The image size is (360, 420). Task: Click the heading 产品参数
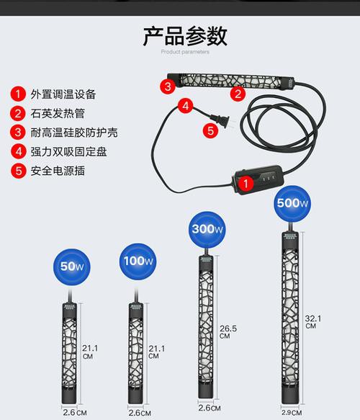pyautogui.click(x=185, y=35)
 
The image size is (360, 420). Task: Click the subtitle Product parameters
pyautogui.click(x=185, y=53)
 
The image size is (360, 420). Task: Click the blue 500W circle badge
pyautogui.click(x=292, y=202)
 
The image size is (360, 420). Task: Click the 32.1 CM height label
pyautogui.click(x=311, y=321)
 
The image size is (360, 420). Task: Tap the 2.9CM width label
pyautogui.click(x=292, y=412)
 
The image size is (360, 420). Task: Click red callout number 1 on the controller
pyautogui.click(x=245, y=184)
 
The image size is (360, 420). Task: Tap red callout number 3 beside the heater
pyautogui.click(x=167, y=86)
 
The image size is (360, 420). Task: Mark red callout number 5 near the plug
pyautogui.click(x=210, y=130)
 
